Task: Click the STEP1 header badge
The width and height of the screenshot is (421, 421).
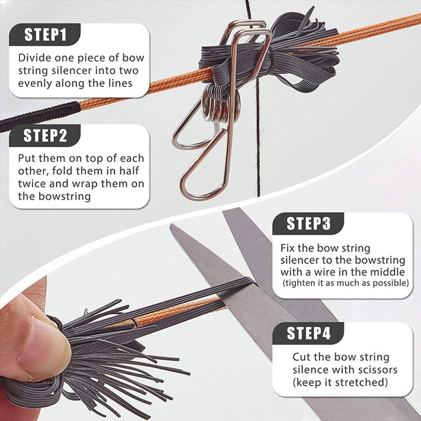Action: click(x=45, y=35)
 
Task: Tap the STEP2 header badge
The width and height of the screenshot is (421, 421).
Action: click(x=45, y=136)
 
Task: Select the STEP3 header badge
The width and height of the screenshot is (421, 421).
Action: click(x=308, y=224)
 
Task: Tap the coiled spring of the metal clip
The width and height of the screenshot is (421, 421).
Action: click(x=219, y=106)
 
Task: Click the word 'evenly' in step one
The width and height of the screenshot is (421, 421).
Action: click(x=35, y=83)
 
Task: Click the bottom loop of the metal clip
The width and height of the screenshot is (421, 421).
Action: click(x=202, y=187)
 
